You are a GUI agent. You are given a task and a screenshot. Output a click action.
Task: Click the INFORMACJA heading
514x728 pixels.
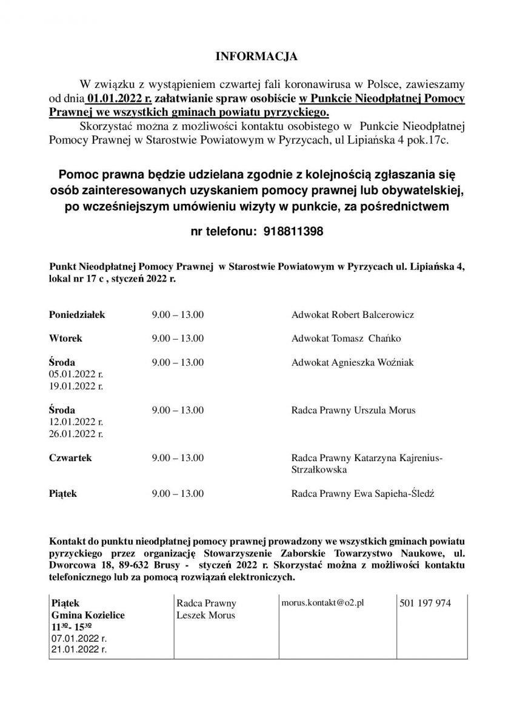pos(257,57)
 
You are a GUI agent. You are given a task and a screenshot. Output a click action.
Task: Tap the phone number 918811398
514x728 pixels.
pos(293,232)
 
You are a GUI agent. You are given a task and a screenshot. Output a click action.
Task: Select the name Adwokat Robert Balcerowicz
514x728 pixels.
pos(353,315)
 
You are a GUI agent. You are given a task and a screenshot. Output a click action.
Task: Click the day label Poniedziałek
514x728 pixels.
pos(77,315)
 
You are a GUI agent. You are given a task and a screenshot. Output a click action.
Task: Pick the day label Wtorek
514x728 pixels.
pos(65,339)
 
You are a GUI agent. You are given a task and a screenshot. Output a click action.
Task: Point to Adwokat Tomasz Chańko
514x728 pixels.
pos(346,339)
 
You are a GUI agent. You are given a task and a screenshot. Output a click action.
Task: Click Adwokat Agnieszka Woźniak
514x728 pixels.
pos(353,362)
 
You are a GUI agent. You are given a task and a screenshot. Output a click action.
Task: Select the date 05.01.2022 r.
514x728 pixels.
pos(76,374)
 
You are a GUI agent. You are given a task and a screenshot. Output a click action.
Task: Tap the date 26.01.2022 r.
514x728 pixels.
pos(76,434)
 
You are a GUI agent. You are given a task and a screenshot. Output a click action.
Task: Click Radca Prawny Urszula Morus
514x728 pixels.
pos(353,411)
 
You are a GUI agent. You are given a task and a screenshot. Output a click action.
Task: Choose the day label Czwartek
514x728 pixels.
pos(70,458)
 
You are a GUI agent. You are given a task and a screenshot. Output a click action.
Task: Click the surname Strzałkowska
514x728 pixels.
pos(319,470)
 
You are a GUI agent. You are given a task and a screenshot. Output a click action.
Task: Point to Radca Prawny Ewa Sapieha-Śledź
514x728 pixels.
pos(362,494)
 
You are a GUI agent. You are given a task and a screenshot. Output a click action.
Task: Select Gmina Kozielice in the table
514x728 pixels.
pos(88,615)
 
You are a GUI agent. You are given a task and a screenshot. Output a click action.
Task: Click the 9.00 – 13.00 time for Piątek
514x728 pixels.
pos(178,494)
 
